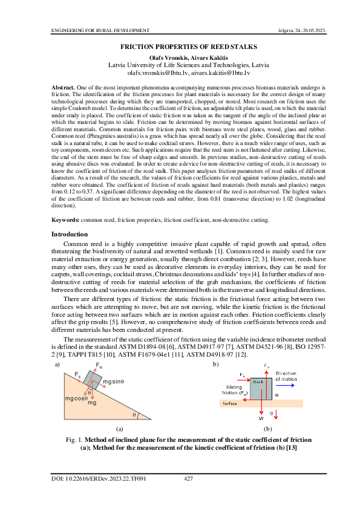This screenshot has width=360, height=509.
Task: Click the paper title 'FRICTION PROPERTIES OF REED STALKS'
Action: tap(180, 47)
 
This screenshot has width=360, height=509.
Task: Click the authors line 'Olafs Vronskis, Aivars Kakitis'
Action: tap(180, 57)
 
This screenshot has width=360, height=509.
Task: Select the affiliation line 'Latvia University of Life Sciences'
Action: tap(180, 64)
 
